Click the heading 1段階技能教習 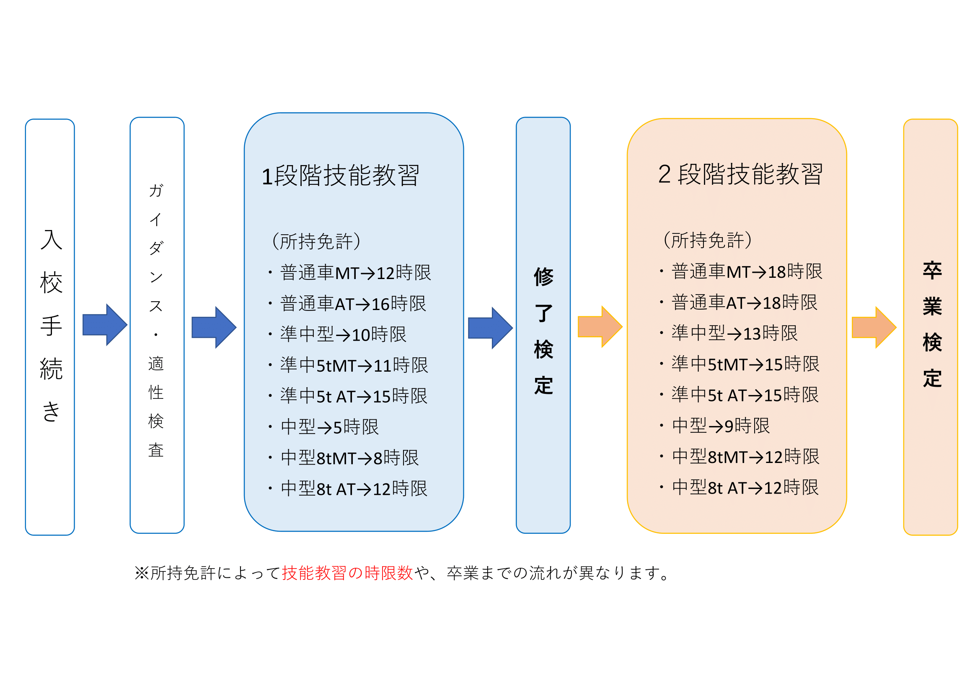pos(340,176)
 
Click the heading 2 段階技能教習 pos(740,174)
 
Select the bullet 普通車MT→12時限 pos(355,273)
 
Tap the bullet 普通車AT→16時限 pos(352,304)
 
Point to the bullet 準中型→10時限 pos(343,334)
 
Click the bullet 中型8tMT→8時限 pos(349,458)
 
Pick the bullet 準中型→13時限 pos(734,333)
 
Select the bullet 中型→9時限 pos(721,426)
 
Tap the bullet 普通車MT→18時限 pos(747,272)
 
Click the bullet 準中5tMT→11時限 pos(354,365)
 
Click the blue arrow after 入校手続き pos(105,325)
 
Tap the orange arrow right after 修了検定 pos(600,326)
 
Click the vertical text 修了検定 pos(543,331)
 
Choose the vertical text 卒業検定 pos(932,325)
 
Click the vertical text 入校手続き pos(51,325)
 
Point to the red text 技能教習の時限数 pos(347,573)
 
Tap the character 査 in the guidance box pos(156,450)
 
